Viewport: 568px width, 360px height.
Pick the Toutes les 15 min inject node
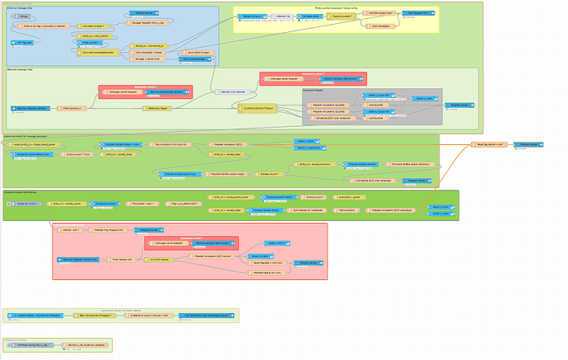(x=26, y=203)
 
